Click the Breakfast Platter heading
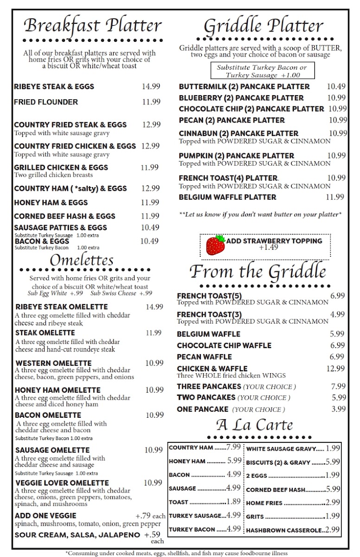[93, 26]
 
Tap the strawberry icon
[215, 245]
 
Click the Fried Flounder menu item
[46, 102]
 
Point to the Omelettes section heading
[81, 260]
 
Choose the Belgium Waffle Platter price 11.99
[334, 197]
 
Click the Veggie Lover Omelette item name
[62, 483]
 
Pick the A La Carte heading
[254, 425]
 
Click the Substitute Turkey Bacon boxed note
[262, 71]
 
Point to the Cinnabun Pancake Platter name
[238, 134]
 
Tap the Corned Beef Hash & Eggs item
[64, 216]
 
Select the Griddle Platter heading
[264, 26]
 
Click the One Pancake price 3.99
[338, 409]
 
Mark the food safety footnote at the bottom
[176, 553]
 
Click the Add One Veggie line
[45, 516]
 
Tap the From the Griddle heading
[257, 272]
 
